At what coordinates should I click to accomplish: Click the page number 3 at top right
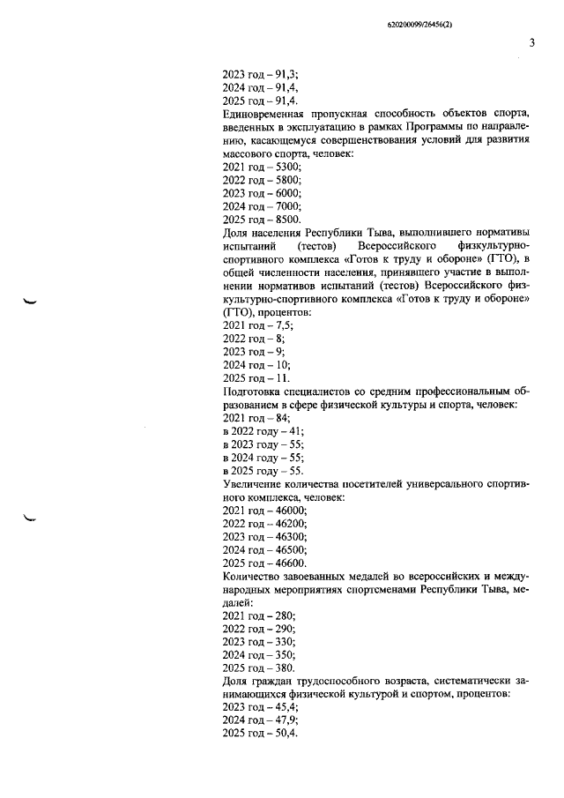coord(531,42)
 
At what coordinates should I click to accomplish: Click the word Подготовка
coord(256,390)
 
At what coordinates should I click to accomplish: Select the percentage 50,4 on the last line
coord(286,734)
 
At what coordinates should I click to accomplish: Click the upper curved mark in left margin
coord(32,302)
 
